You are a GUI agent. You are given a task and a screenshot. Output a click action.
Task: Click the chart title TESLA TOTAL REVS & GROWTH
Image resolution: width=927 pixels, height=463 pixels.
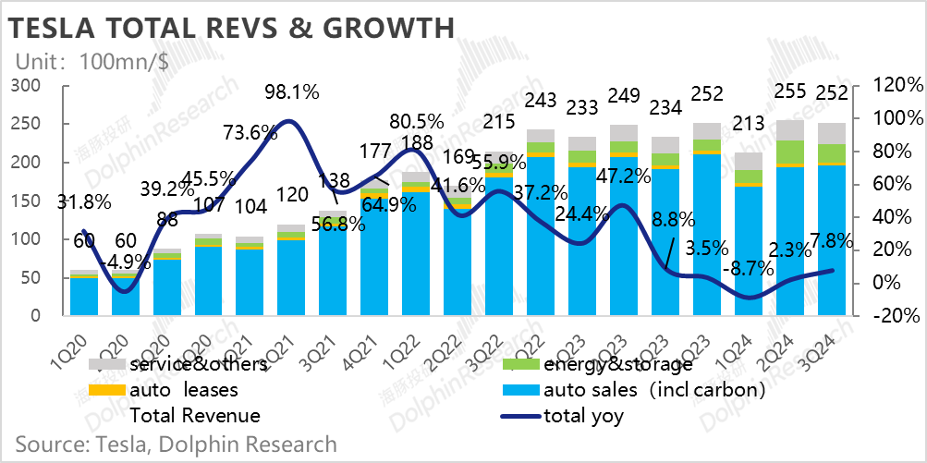coord(231,28)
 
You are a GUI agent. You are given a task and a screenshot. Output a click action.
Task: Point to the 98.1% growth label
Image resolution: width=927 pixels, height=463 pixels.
coord(292,91)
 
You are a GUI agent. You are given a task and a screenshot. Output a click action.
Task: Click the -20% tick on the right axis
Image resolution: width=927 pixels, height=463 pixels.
coord(896,315)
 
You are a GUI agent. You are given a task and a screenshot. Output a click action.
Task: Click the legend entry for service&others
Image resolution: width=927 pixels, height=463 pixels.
coord(198,365)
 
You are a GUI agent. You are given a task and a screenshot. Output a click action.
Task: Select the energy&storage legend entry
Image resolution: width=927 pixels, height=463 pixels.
coord(611,365)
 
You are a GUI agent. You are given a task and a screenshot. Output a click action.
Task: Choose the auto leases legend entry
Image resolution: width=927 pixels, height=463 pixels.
coord(185,390)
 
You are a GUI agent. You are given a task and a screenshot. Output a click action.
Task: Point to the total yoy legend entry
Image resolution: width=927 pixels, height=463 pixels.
coord(583,416)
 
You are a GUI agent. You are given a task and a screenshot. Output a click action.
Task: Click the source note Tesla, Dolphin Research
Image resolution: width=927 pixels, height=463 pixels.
coord(176,444)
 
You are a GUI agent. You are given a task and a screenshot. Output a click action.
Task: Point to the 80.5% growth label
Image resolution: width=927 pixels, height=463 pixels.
coord(416,121)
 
